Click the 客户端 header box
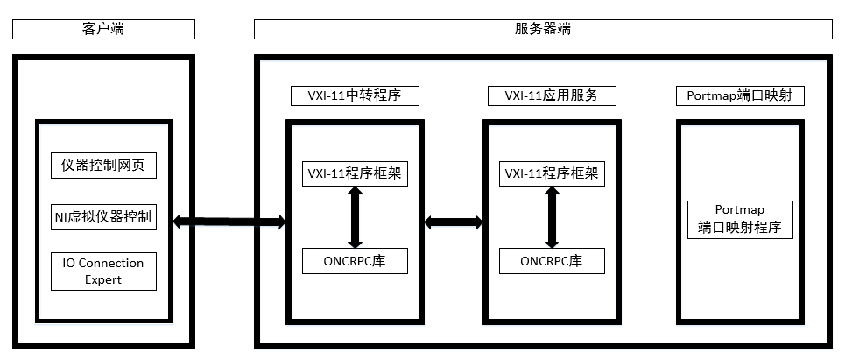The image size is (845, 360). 103,29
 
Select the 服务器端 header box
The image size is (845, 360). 543,29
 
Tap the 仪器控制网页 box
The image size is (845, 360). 103,165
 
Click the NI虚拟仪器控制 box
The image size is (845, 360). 103,217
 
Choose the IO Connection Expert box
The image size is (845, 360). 103,271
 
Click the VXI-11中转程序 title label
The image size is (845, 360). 355,95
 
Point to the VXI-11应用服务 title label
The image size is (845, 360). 551,95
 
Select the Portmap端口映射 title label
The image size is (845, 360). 740,95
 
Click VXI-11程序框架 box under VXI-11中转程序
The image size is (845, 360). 355,173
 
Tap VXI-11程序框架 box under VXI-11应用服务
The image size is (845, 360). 551,173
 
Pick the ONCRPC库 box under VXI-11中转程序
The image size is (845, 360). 355,261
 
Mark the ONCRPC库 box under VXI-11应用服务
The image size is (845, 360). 551,261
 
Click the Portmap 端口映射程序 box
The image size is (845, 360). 740,219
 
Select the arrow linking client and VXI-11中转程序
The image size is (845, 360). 230,222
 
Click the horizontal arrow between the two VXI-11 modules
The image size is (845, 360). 454,222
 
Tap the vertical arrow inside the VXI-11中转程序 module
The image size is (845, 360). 355,217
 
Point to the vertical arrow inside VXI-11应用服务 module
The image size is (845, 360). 551,217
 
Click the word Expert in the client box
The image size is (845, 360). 103,279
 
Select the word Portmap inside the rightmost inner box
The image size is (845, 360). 740,210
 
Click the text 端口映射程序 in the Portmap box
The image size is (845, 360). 740,228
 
